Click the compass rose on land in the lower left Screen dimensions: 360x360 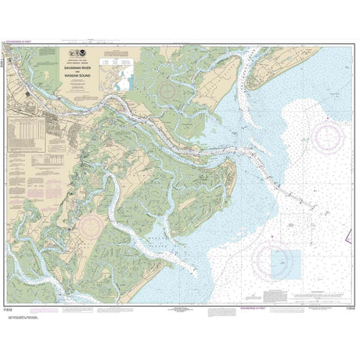point(90,228)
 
